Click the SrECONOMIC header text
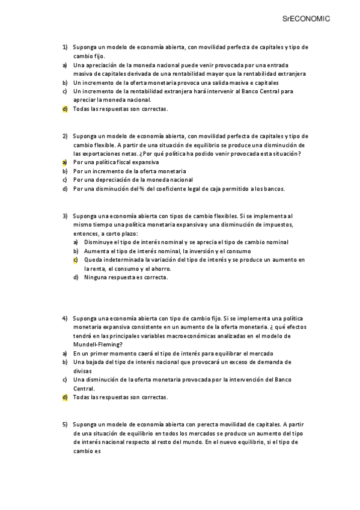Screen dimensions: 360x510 coord(307,19)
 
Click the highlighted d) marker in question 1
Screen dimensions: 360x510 coord(64,109)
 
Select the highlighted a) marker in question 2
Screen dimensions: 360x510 coord(64,162)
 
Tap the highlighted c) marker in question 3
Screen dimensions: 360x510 coord(76,260)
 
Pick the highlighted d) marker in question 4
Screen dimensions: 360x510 coord(64,398)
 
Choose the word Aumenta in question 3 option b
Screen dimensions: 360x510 coord(96,251)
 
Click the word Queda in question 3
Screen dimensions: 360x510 coord(93,260)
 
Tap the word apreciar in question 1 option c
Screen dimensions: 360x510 coord(85,100)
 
